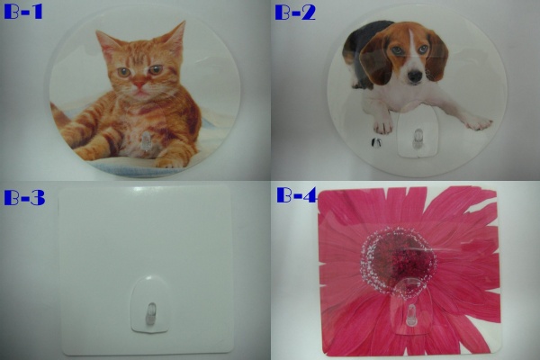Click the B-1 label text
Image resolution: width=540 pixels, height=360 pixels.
[23, 12]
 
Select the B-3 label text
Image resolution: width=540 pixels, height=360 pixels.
[24, 197]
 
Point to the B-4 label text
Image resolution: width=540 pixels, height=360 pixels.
[297, 195]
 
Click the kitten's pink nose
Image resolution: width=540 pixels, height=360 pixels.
[139, 84]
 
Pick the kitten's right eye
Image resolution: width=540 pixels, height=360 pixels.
[123, 72]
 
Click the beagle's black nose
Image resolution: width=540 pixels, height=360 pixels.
[415, 76]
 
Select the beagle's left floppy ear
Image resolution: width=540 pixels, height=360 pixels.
[437, 55]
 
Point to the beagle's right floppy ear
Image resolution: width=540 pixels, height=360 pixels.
[374, 62]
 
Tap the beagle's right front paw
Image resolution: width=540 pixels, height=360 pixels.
[382, 125]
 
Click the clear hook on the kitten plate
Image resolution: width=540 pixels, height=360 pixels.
[147, 141]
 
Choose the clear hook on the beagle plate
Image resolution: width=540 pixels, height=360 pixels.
[418, 139]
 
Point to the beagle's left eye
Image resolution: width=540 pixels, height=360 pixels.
[423, 49]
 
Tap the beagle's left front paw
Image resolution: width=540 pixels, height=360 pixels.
[479, 123]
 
